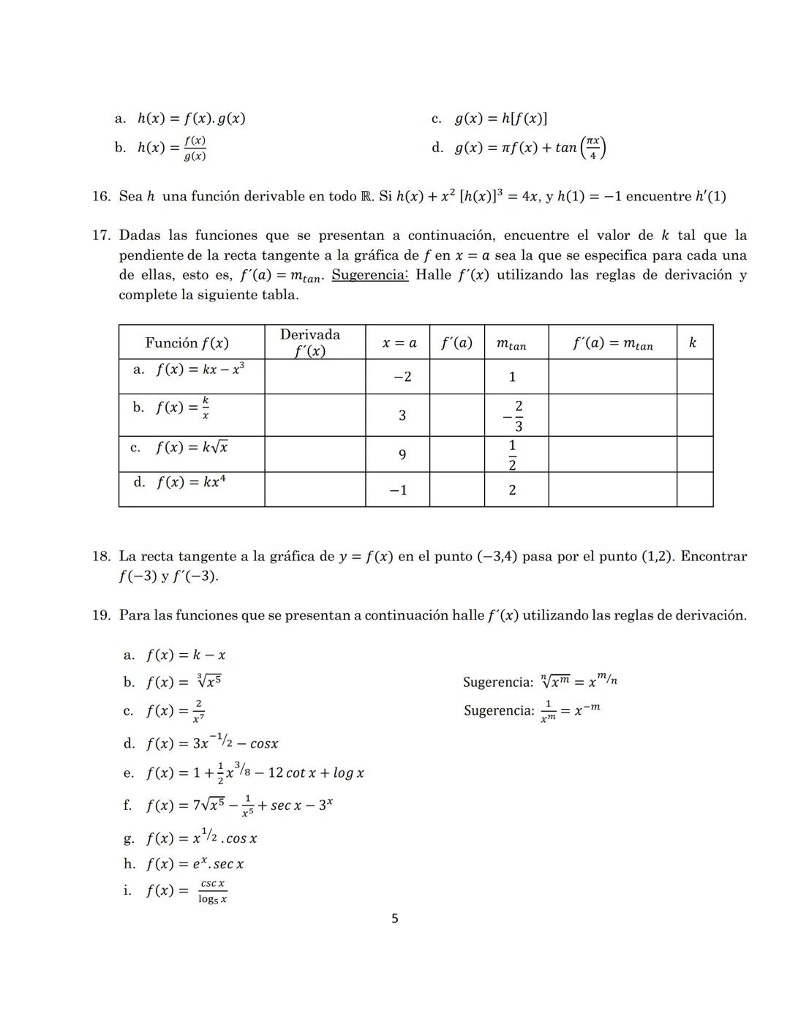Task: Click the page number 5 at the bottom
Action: (395, 919)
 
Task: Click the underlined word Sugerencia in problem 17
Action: (369, 275)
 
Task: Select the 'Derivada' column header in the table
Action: (310, 342)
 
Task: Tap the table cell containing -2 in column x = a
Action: (402, 377)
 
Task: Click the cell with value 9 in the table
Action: (402, 455)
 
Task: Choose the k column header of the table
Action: (693, 342)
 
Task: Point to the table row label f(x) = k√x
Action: (191, 447)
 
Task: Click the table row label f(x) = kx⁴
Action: (189, 482)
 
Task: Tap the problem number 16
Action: (101, 196)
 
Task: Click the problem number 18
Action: (101, 556)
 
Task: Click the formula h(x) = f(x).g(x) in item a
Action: (191, 119)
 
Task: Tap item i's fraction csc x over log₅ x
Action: (212, 891)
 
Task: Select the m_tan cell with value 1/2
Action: (512, 455)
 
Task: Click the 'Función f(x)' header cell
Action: (187, 342)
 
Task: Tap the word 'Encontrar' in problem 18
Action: (713, 556)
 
